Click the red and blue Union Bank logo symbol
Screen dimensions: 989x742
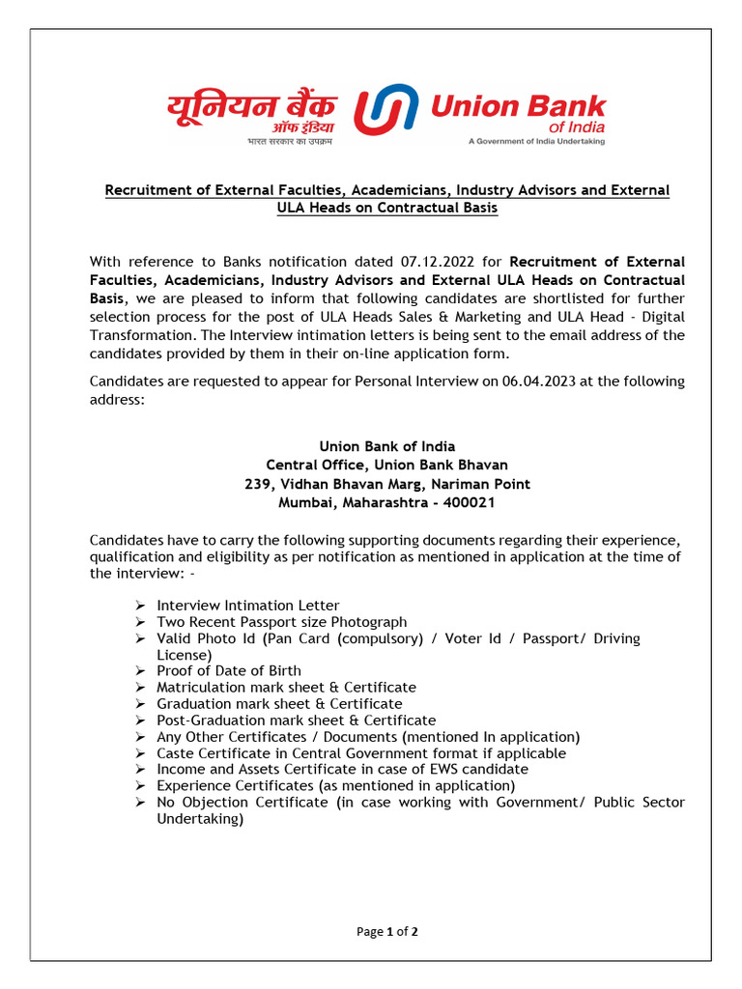point(385,111)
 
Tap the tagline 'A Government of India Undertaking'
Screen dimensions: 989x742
point(536,141)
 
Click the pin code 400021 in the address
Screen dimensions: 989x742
point(473,502)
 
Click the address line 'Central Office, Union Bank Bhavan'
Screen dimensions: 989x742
point(386,465)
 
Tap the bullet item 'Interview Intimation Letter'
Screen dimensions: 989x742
point(248,606)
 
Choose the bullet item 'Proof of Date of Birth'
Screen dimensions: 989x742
point(229,670)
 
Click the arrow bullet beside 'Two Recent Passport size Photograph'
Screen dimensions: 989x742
point(140,622)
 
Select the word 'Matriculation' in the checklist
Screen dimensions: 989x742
point(200,687)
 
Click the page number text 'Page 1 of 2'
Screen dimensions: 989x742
point(386,932)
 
